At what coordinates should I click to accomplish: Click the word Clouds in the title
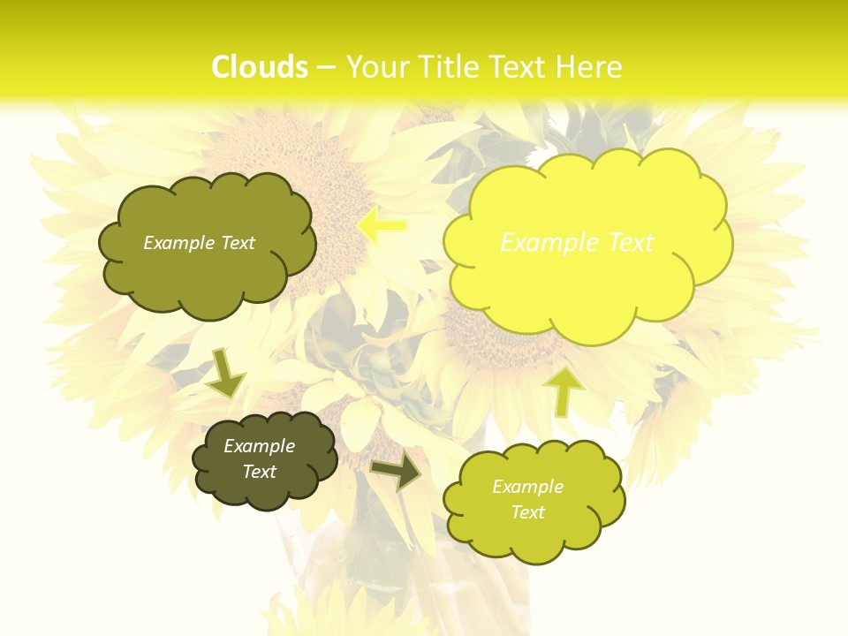pos(260,67)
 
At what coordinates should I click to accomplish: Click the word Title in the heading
pos(449,67)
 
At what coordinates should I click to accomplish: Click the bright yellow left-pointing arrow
pos(382,225)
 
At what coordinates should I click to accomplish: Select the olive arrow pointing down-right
pos(225,373)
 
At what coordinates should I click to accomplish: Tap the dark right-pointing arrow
pos(396,472)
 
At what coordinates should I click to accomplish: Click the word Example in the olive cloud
pos(177,243)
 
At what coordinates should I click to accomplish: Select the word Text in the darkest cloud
pos(260,472)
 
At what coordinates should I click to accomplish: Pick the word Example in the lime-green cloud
pos(527,487)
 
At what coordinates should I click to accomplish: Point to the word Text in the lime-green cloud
pos(527,512)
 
